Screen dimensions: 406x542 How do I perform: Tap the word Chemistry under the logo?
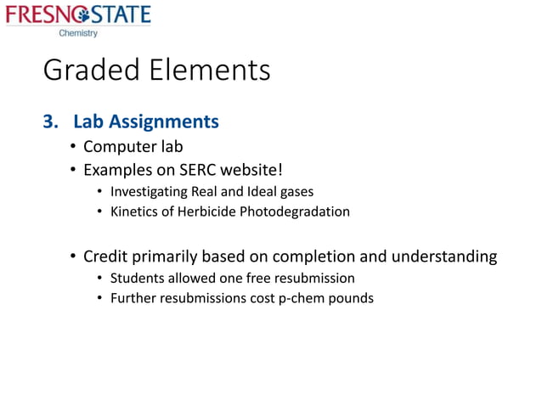click(x=78, y=33)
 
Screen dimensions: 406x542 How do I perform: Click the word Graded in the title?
click(x=89, y=70)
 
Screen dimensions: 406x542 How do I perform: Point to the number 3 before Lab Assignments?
click(x=49, y=121)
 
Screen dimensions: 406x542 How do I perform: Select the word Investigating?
click(x=150, y=192)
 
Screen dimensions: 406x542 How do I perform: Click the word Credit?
click(x=106, y=256)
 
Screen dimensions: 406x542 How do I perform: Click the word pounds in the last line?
click(x=351, y=298)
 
